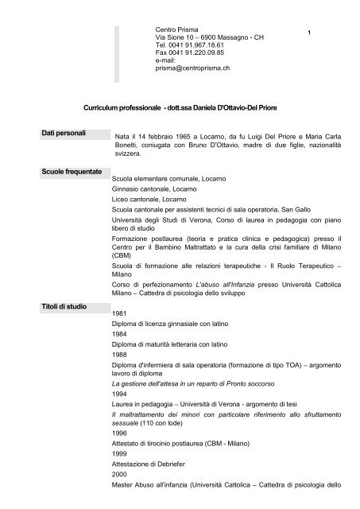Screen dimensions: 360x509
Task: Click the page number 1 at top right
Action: pyautogui.click(x=308, y=32)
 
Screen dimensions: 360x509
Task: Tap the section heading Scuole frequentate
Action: pyautogui.click(x=72, y=172)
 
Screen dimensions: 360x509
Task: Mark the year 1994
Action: pyautogui.click(x=120, y=415)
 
